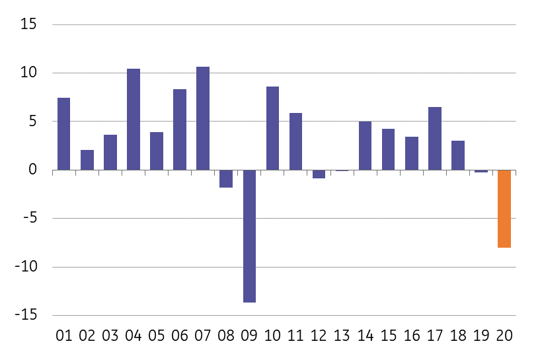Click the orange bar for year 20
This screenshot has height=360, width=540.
tap(504, 209)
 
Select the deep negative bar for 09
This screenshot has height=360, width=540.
tap(249, 236)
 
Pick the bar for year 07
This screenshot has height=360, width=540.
tap(203, 118)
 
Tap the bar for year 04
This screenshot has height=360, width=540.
tap(134, 120)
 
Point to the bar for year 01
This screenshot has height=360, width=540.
tap(63, 134)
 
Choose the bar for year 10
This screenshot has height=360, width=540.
tap(272, 128)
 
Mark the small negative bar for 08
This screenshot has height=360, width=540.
tap(226, 178)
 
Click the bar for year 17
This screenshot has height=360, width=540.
tap(435, 138)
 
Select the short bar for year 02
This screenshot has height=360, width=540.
tap(87, 160)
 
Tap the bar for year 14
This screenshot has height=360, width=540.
tap(365, 145)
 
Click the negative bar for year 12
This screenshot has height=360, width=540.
tap(319, 174)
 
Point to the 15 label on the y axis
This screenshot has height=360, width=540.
tap(28, 24)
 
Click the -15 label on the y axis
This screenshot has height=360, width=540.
tap(26, 315)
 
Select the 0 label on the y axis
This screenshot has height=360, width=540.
tap(32, 169)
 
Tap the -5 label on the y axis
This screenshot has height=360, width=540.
tap(30, 218)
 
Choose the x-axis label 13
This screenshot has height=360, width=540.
tap(342, 336)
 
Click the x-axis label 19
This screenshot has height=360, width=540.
tap(481, 336)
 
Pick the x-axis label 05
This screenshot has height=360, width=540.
tap(157, 336)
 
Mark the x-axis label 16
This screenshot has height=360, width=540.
tap(412, 336)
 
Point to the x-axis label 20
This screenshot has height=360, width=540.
tap(504, 336)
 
